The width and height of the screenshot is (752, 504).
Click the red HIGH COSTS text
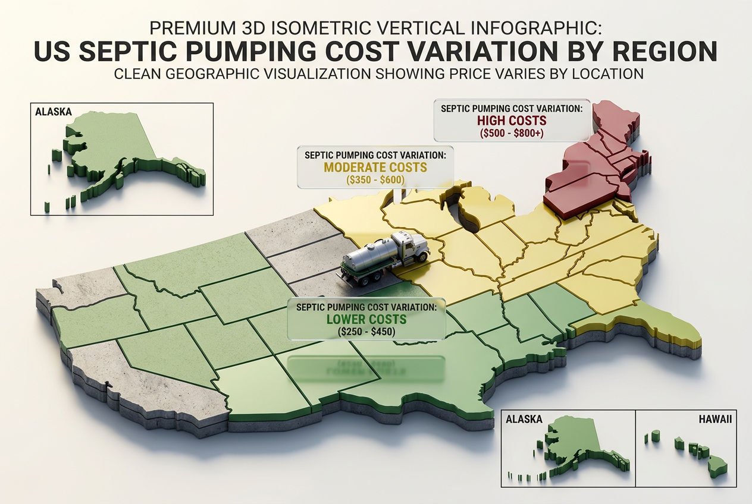[512, 121]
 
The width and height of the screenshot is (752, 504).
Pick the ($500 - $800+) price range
[512, 134]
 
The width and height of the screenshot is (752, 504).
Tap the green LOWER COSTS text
[366, 320]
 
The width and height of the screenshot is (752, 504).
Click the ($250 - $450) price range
[366, 332]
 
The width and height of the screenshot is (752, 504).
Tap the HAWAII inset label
[715, 419]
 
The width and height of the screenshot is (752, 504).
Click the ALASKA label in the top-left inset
[54, 112]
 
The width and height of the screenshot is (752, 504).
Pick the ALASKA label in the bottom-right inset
[524, 419]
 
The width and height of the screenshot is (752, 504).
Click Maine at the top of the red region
[619, 116]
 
